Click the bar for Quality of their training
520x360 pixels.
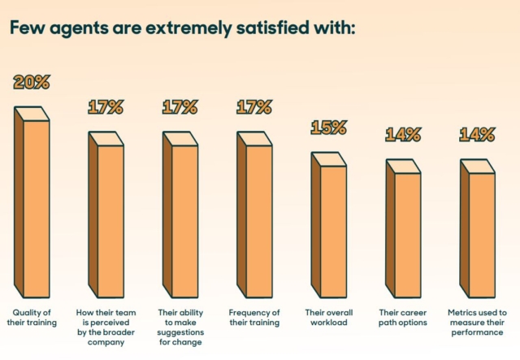[32, 203]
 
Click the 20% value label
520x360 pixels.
[32, 82]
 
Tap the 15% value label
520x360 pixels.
[329, 128]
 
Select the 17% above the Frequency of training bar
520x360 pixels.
[254, 106]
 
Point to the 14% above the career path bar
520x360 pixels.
[403, 134]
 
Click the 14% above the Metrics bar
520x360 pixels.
[477, 134]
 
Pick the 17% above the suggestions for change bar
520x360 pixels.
[180, 106]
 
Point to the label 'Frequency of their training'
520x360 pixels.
[255, 317]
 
